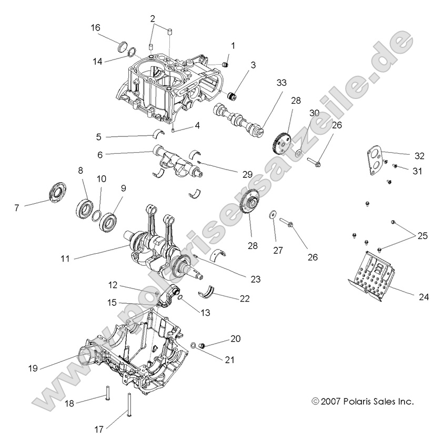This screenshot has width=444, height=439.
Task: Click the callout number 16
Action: (95, 27)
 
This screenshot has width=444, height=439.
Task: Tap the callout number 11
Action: (66, 258)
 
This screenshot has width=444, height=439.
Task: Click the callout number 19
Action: (33, 368)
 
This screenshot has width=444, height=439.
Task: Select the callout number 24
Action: (424, 297)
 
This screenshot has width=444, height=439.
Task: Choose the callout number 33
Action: (282, 83)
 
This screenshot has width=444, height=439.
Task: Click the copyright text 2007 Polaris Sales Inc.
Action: (362, 402)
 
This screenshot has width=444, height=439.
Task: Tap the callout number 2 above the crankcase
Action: (152, 18)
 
